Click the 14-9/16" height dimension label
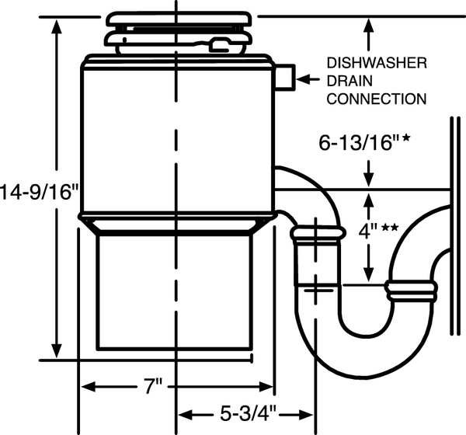click(x=39, y=193)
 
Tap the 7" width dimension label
click(x=153, y=386)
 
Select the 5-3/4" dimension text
click(x=249, y=413)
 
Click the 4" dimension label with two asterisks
click(x=378, y=231)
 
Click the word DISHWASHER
click(x=377, y=63)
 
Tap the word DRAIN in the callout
click(x=349, y=81)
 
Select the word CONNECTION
click(x=377, y=99)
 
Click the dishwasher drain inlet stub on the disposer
click(x=284, y=78)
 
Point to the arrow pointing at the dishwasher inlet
click(x=308, y=79)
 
